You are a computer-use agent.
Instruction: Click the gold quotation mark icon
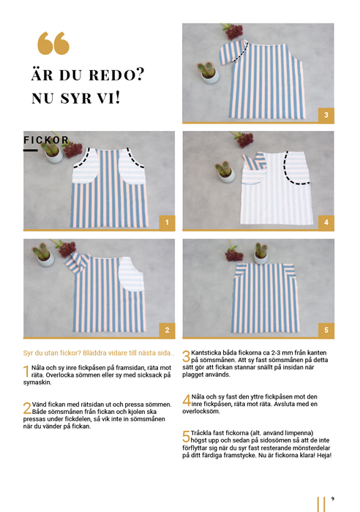pyautogui.click(x=53, y=43)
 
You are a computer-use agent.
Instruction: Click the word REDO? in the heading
pyautogui.click(x=116, y=75)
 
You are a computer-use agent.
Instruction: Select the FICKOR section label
pyautogui.click(x=46, y=140)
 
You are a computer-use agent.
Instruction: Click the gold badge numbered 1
pyautogui.click(x=167, y=222)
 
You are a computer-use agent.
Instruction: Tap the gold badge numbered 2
pyautogui.click(x=167, y=330)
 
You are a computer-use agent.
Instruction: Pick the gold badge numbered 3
pyautogui.click(x=326, y=115)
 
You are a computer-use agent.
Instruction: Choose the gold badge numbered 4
pyautogui.click(x=326, y=222)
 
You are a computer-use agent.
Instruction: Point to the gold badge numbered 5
pyautogui.click(x=326, y=330)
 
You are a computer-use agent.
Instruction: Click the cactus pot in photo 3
pyautogui.click(x=209, y=75)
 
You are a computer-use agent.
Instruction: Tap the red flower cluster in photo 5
pyautogui.click(x=234, y=255)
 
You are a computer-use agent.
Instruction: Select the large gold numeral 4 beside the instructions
pyautogui.click(x=187, y=400)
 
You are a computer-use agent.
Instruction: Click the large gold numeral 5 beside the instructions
pyautogui.click(x=186, y=437)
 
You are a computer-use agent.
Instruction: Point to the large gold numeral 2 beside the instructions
pyautogui.click(x=27, y=408)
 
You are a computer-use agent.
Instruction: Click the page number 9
pyautogui.click(x=332, y=499)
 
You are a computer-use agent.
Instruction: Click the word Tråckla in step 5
pyautogui.click(x=201, y=433)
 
